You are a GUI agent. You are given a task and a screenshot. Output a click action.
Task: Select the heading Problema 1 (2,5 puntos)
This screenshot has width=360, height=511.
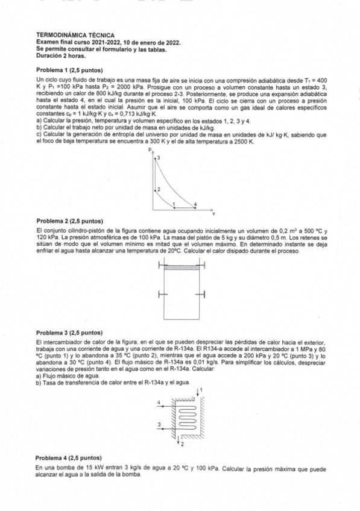coord(70,70)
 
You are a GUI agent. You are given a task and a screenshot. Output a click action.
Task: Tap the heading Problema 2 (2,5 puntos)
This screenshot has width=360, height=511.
coord(70,221)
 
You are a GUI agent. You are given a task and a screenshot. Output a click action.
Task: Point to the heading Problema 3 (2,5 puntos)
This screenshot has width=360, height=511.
coord(70,333)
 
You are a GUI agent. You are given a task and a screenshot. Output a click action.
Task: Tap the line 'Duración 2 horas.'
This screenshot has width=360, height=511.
coord(61,55)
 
